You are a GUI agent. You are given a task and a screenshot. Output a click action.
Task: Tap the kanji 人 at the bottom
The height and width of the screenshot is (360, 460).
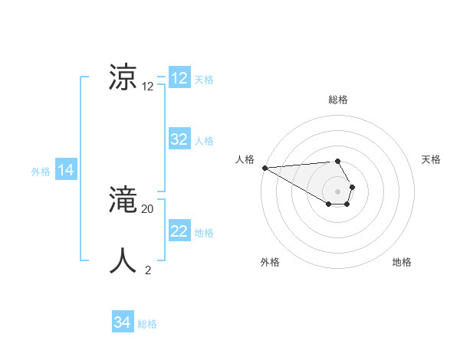(125, 261)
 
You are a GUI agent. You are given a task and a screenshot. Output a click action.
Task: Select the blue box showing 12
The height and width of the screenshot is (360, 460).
(179, 78)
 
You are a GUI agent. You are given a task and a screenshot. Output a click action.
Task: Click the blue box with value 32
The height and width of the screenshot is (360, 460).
(179, 139)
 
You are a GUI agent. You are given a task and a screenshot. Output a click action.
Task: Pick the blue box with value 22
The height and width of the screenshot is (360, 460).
(179, 231)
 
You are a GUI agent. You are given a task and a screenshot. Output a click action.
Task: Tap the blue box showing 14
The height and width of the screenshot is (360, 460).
(66, 170)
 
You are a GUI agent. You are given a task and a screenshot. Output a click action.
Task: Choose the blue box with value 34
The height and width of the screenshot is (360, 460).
(123, 322)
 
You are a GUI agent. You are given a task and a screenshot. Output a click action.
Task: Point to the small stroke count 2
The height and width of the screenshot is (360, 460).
(148, 270)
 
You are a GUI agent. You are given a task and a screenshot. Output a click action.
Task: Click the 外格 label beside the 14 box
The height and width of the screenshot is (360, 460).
(41, 172)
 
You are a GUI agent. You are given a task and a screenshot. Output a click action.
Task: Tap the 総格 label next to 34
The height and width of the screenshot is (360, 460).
(147, 324)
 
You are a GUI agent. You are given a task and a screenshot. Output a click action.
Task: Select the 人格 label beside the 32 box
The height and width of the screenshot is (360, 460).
(204, 141)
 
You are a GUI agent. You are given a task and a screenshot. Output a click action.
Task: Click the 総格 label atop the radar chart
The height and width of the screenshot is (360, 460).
(338, 100)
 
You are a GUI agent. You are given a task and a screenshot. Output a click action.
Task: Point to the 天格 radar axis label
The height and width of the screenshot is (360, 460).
(431, 159)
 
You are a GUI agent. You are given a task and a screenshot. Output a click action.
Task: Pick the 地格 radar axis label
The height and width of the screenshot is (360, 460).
(402, 262)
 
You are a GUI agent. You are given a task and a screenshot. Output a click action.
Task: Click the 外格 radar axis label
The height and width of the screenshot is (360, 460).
(270, 262)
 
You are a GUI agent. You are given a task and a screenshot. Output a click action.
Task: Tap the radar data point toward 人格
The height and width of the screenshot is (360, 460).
(264, 168)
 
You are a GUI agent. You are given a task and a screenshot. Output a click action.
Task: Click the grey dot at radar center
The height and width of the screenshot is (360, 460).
(338, 191)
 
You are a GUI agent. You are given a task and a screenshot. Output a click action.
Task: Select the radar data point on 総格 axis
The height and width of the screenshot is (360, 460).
(338, 161)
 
